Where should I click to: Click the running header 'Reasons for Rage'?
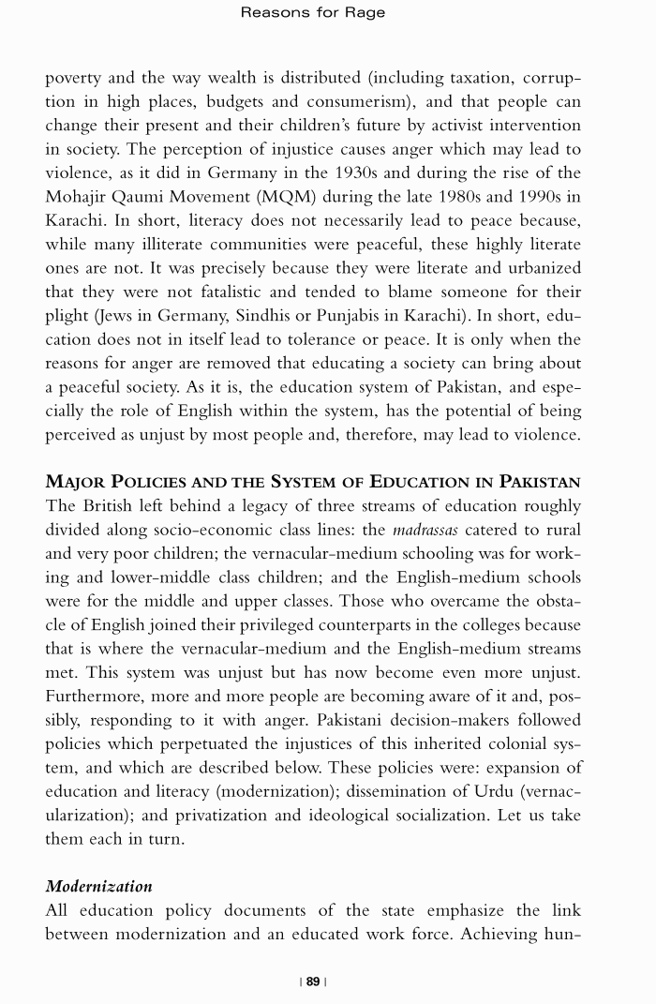tap(313, 13)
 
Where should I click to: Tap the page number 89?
tap(313, 982)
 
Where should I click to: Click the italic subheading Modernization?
tap(98, 886)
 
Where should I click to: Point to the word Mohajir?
tap(80, 197)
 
